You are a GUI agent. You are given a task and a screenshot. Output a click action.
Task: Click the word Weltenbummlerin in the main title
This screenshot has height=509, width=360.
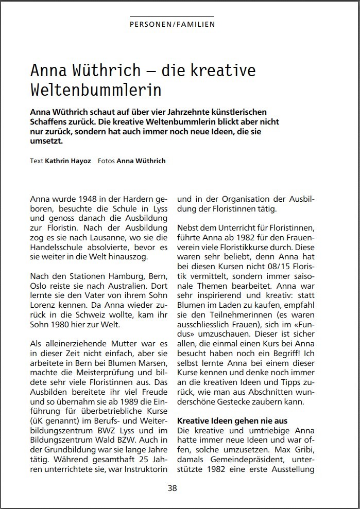[x=96, y=89]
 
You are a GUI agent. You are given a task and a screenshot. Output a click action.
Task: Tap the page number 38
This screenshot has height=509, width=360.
[x=172, y=488]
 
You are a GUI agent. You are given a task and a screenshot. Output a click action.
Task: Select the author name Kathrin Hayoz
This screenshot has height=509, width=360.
[x=68, y=161]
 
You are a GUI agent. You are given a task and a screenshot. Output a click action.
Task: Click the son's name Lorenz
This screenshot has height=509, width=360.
[x=43, y=307]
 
